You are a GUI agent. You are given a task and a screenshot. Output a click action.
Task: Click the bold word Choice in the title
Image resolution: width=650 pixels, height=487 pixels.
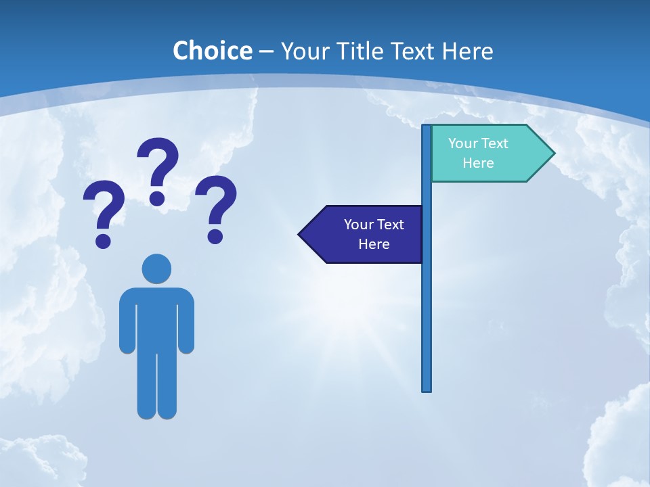tap(212, 51)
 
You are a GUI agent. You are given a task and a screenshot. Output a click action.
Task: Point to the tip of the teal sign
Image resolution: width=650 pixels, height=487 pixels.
tap(553, 154)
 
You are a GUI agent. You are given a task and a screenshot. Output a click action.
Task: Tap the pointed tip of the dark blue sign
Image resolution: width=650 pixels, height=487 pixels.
tap(300, 235)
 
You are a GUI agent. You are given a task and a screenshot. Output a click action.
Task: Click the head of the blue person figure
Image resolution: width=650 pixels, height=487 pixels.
tap(156, 269)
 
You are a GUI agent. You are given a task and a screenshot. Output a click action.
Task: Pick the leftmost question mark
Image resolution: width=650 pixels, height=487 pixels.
tap(104, 210)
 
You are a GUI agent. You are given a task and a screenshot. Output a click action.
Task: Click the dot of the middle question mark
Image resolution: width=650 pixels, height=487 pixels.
tap(157, 198)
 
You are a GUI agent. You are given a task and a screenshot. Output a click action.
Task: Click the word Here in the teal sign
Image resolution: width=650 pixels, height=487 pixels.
tap(478, 163)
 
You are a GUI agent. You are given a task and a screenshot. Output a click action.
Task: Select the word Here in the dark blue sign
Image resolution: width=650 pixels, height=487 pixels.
tap(374, 244)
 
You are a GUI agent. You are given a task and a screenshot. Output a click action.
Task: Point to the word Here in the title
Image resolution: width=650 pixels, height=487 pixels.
tap(467, 51)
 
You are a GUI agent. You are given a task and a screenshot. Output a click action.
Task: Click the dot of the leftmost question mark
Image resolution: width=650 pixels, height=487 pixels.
tap(103, 240)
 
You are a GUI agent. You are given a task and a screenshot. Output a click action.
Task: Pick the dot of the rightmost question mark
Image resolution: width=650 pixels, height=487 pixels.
tap(215, 235)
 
